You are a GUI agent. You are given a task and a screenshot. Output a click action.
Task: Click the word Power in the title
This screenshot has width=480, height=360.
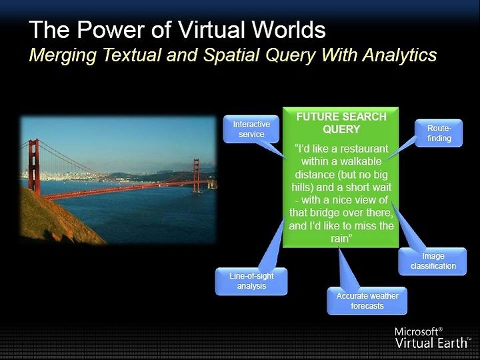coord(111,30)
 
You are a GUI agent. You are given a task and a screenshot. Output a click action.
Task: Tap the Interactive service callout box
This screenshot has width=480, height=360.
coord(251,129)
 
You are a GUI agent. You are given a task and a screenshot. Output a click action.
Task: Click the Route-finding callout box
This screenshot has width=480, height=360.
coord(439,133)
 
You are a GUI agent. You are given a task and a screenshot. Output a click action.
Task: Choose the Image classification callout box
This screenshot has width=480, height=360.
coord(433,261)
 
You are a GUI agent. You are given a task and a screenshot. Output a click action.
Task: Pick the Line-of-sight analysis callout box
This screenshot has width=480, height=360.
coord(251,281)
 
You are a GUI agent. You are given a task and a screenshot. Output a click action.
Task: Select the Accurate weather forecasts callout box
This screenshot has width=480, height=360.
coord(367,301)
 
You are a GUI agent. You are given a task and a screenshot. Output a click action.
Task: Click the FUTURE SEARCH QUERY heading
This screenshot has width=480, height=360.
coord(341,123)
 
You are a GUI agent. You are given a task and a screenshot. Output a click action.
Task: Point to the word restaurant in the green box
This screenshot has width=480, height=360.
coord(364,149)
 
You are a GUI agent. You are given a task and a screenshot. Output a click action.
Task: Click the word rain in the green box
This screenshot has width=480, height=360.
coord(339,239)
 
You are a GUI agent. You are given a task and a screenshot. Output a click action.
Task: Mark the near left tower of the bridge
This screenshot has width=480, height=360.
coord(34,167)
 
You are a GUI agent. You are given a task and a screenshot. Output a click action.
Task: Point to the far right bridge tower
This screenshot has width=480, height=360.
coord(197,175)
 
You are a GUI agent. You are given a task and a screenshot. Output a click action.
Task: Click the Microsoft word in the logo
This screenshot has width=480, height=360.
coord(416,331)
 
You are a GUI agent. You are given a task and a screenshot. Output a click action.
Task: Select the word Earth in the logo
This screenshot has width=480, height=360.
coord(451,343)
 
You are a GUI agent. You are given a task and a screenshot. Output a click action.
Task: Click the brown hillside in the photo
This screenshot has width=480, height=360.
coord(55,221)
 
